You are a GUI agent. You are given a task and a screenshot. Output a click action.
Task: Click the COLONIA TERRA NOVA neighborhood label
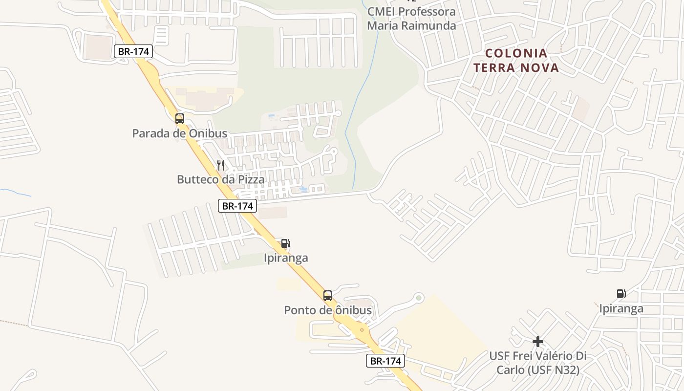pos(516,60)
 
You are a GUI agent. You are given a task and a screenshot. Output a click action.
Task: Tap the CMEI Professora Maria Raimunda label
pos(411,19)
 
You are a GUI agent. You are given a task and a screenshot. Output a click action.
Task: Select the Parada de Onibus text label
pos(180,133)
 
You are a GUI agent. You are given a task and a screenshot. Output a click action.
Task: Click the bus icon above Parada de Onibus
pos(180,118)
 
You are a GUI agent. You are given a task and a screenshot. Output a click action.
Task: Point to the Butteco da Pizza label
pos(221,179)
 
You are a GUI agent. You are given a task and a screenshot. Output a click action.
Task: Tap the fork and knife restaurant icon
pos(221,165)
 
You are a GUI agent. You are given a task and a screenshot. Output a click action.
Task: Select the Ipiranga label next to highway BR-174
pos(286,258)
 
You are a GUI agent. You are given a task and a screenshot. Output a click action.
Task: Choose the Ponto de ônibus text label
pos(328,310)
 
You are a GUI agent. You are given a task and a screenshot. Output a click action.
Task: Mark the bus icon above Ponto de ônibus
pos(328,295)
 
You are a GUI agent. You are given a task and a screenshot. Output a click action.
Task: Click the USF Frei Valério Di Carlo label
pos(538,363)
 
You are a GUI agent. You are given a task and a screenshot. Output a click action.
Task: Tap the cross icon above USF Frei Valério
pos(538,341)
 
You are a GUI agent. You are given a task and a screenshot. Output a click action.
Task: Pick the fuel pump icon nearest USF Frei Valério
pos(621,294)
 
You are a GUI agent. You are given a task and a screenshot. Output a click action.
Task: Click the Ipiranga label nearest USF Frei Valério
pos(621,309)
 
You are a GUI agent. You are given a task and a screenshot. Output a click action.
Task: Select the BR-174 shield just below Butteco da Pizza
pos(237,206)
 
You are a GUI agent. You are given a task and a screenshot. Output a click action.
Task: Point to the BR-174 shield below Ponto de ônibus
pos(385,361)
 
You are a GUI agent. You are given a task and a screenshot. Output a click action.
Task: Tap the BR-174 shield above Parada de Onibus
pos(133,51)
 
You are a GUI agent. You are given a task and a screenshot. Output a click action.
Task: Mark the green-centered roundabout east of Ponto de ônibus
pos(418,297)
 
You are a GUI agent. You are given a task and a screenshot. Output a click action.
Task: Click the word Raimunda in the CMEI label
pos(428,25)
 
